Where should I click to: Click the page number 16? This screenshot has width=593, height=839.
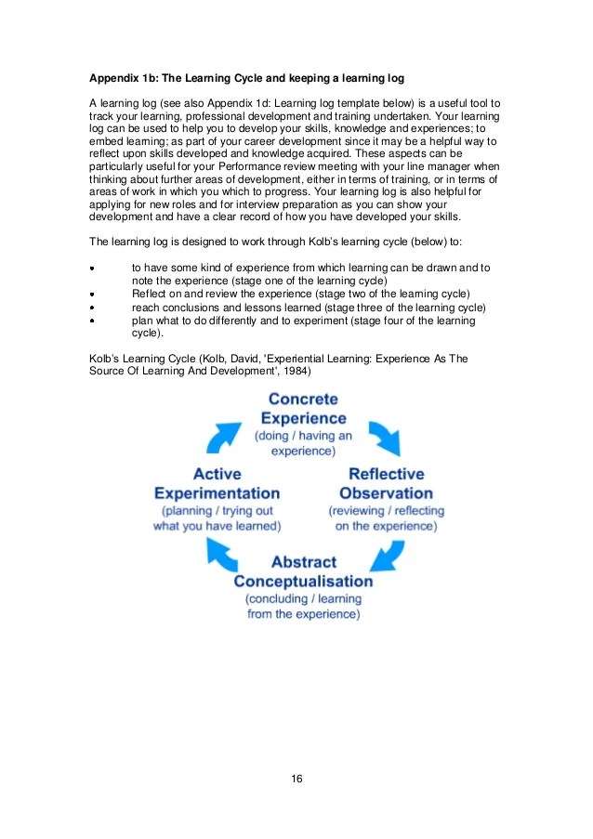coord(296,778)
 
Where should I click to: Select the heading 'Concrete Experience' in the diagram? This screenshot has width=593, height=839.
coord(303,408)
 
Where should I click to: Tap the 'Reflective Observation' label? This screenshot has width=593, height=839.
coord(386,483)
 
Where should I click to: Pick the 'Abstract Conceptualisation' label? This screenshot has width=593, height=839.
coord(303,571)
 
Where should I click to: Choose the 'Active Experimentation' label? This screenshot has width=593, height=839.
coord(217,483)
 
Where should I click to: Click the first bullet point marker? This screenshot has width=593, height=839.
coord(92,269)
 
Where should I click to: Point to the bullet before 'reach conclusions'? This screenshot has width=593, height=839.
coord(92,308)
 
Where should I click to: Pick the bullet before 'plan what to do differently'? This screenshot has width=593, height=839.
coord(92,321)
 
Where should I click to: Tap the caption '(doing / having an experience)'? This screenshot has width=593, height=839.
coord(303,443)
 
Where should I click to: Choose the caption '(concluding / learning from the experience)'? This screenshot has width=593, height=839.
coord(303,607)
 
